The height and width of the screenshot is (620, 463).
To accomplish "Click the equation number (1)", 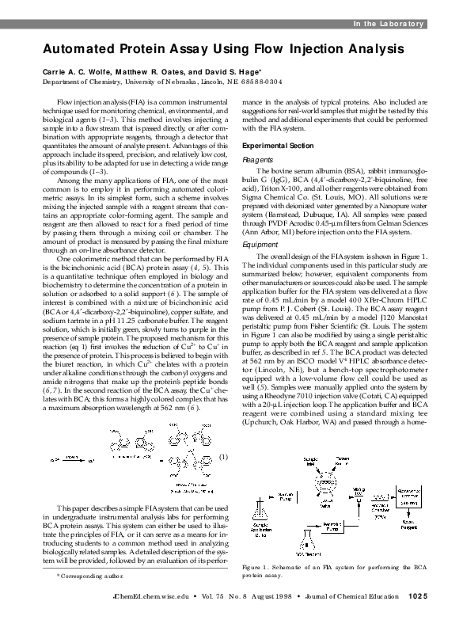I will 224,457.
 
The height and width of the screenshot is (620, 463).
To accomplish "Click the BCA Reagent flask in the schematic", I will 308,550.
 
